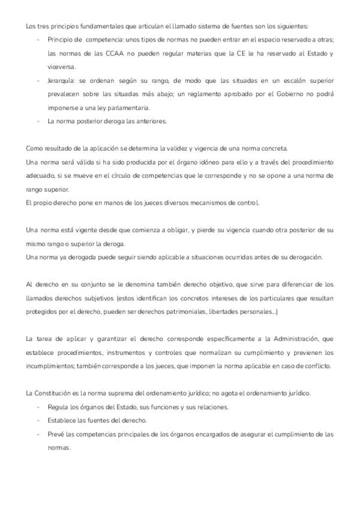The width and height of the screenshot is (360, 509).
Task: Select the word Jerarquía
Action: coord(61,80)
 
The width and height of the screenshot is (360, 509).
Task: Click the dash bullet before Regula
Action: coord(39,407)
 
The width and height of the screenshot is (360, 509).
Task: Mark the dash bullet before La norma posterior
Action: coord(39,121)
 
